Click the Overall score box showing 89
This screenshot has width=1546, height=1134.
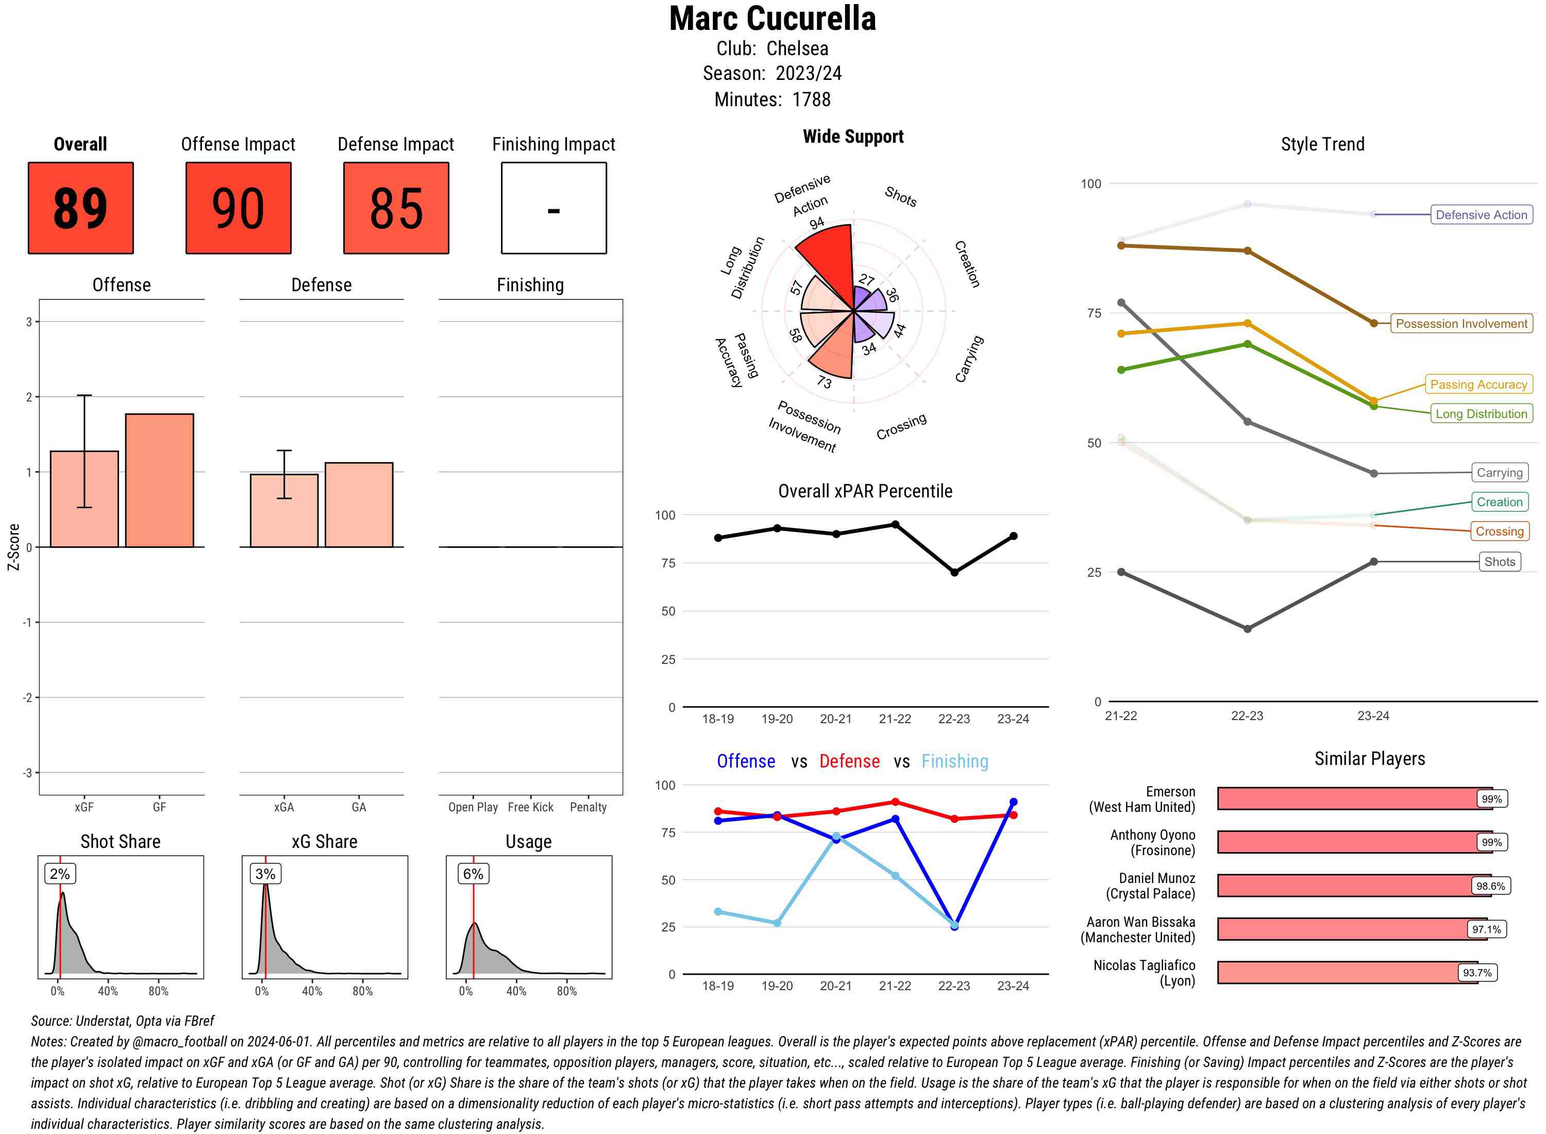(x=80, y=208)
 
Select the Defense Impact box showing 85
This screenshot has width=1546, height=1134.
(x=396, y=208)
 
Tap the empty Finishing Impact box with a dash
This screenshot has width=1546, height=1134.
(x=554, y=208)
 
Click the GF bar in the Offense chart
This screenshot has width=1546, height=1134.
(x=159, y=480)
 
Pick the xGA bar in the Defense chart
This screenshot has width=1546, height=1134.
(x=284, y=511)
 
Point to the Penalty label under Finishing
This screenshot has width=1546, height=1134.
(x=588, y=807)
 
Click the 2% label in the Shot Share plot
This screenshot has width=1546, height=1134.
(x=60, y=874)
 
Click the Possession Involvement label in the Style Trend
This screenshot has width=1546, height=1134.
(x=1461, y=323)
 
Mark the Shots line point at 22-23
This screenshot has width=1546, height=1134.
(x=1247, y=629)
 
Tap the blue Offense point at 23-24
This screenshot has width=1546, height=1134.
(x=1013, y=802)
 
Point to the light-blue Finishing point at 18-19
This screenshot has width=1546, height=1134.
(x=718, y=912)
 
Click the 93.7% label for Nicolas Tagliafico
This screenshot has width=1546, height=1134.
(x=1477, y=973)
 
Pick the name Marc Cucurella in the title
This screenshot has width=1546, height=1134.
(x=772, y=19)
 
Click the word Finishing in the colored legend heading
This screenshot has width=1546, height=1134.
(x=954, y=761)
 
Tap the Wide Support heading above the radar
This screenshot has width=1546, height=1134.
(x=853, y=137)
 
